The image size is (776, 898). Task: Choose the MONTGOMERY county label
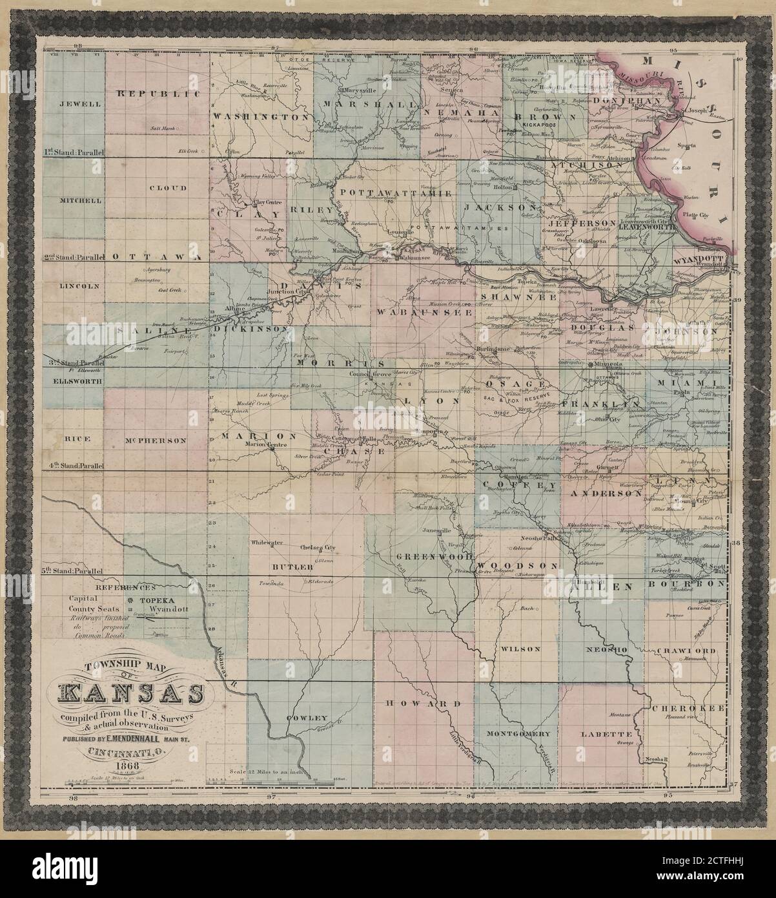pyautogui.click(x=518, y=734)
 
